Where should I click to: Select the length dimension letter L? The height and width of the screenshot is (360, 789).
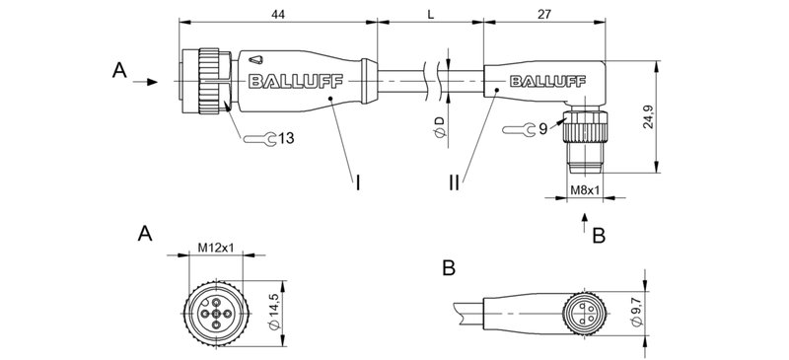coord(430,14)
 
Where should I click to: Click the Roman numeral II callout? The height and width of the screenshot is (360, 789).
coord(455,182)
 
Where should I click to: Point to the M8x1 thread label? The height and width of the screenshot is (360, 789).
coord(586,189)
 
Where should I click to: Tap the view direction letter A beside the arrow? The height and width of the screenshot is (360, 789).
coord(119,70)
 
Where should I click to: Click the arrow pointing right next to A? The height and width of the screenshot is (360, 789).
coord(147,82)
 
